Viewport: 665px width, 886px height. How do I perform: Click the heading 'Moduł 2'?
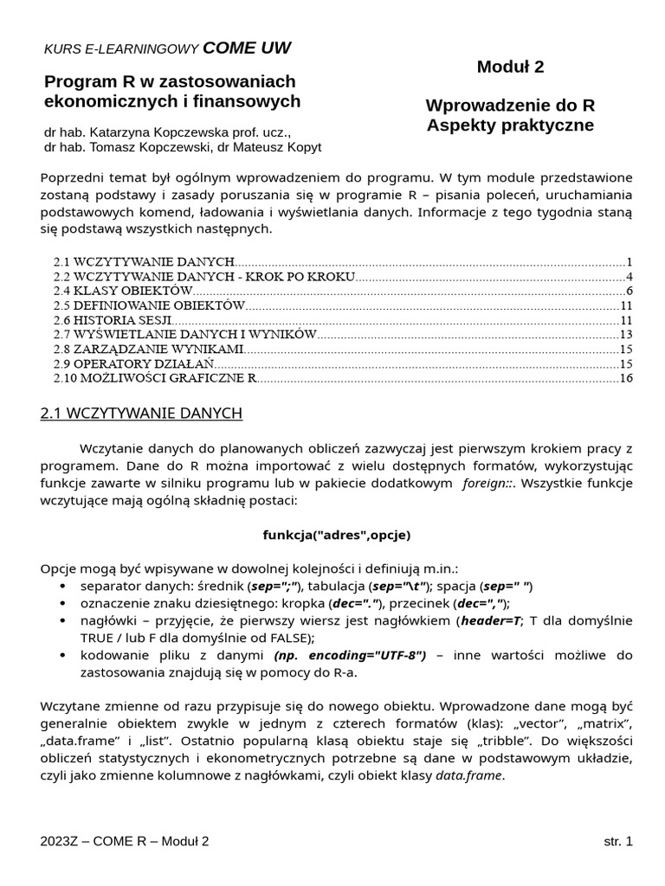tap(510, 67)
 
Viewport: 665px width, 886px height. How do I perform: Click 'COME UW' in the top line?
tap(247, 48)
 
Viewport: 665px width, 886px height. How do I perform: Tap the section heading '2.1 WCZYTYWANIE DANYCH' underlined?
tap(141, 414)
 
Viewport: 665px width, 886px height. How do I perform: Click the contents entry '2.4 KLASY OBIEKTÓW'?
tap(122, 291)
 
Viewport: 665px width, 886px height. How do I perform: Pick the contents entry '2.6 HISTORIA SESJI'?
tap(112, 320)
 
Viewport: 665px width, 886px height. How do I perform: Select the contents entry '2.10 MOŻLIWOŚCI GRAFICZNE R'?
tap(155, 378)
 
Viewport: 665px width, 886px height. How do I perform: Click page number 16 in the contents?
tap(627, 378)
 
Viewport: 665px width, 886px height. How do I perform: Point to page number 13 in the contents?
tap(627, 335)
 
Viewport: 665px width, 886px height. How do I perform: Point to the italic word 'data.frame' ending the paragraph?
tap(468, 776)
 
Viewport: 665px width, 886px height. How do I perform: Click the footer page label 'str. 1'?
tap(618, 841)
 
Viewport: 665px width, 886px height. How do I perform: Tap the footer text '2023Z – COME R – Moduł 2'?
tap(125, 841)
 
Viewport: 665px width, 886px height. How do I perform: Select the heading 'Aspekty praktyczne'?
tap(510, 125)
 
